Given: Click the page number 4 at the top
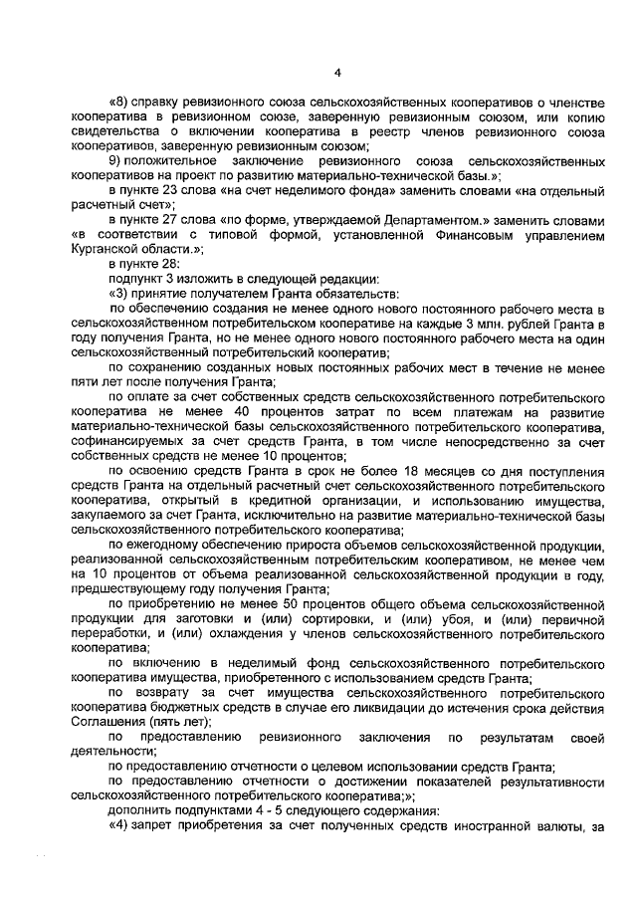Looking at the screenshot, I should [x=337, y=72].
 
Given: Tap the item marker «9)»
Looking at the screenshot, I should [x=114, y=161].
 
